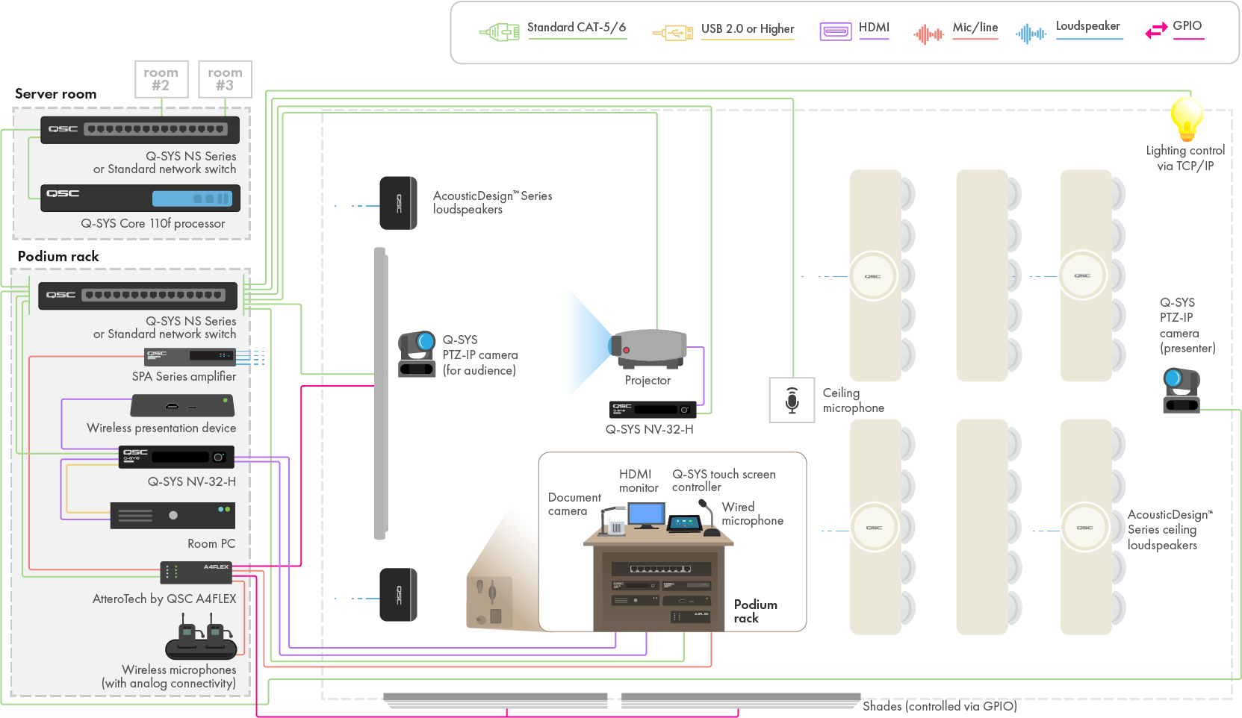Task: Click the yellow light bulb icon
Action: click(x=1186, y=119)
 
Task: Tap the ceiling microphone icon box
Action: click(x=792, y=400)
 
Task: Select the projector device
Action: click(x=648, y=349)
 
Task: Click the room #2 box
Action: click(x=161, y=79)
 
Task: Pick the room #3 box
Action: click(x=225, y=79)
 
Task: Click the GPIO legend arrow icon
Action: click(x=1156, y=31)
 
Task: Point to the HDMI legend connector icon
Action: click(x=836, y=31)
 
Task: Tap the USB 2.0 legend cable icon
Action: click(x=673, y=33)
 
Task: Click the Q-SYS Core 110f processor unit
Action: click(x=140, y=198)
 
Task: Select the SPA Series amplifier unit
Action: click(x=190, y=357)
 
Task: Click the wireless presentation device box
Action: click(x=182, y=406)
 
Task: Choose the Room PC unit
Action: click(x=173, y=515)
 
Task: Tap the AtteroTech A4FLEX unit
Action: click(x=196, y=572)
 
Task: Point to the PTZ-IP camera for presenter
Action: click(x=1181, y=390)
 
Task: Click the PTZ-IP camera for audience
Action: click(x=417, y=354)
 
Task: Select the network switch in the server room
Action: click(x=140, y=129)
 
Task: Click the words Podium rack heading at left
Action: click(x=58, y=257)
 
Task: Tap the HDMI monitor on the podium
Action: click(x=646, y=516)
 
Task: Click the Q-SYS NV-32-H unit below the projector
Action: click(x=653, y=409)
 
